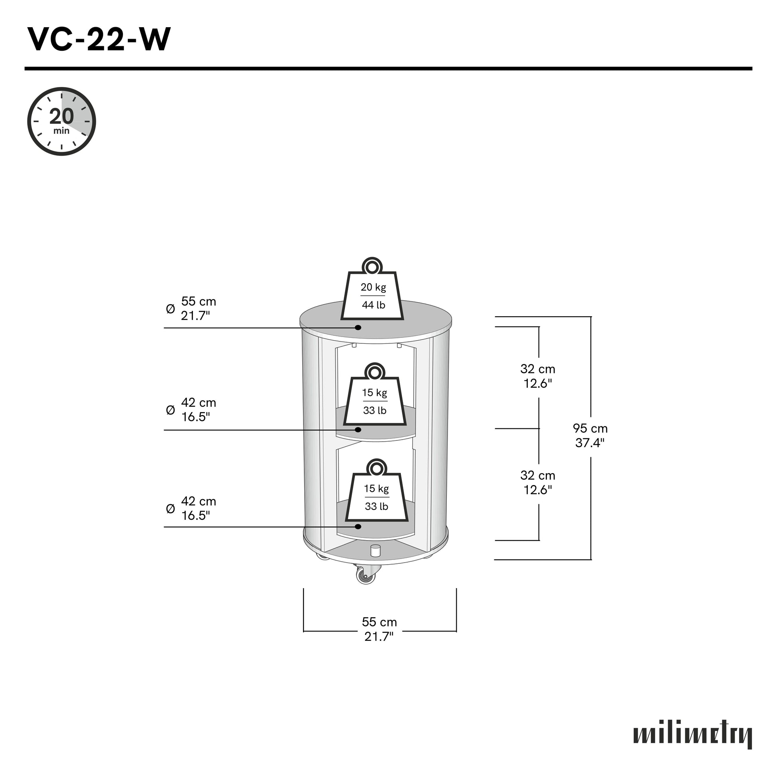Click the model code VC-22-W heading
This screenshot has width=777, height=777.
click(x=99, y=40)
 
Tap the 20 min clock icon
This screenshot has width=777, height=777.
click(x=61, y=121)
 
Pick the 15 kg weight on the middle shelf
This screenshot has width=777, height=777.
click(x=375, y=398)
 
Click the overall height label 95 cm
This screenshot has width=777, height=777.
click(x=590, y=436)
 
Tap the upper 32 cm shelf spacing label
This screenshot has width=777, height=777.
click(x=538, y=376)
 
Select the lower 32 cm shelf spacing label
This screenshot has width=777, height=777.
click(x=538, y=483)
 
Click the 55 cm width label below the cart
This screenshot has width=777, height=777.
click(x=379, y=629)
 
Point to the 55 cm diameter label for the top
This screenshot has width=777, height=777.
click(x=198, y=309)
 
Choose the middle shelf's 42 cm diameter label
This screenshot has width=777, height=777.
click(x=198, y=410)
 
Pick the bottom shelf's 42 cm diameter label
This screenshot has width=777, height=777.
click(x=198, y=508)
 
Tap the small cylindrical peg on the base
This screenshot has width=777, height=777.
click(x=375, y=551)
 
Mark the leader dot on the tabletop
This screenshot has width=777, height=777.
click(x=358, y=327)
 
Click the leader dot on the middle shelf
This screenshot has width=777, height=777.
click(x=358, y=430)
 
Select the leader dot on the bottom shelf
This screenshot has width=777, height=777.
click(x=358, y=526)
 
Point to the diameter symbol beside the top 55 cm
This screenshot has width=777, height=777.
click(x=170, y=309)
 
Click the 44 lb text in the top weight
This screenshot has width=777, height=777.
click(x=373, y=305)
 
